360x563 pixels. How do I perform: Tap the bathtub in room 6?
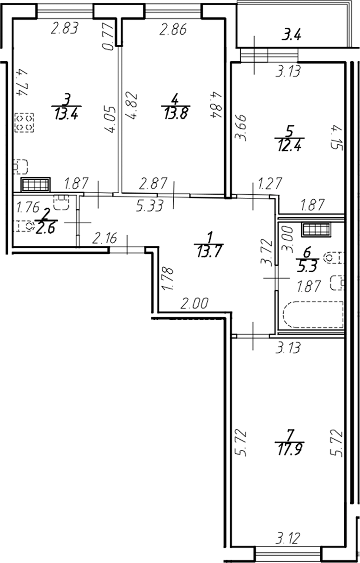click(313, 315)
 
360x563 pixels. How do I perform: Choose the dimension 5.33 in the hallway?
click(149, 206)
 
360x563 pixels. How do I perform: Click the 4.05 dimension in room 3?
click(110, 122)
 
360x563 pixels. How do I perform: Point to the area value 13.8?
click(175, 112)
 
